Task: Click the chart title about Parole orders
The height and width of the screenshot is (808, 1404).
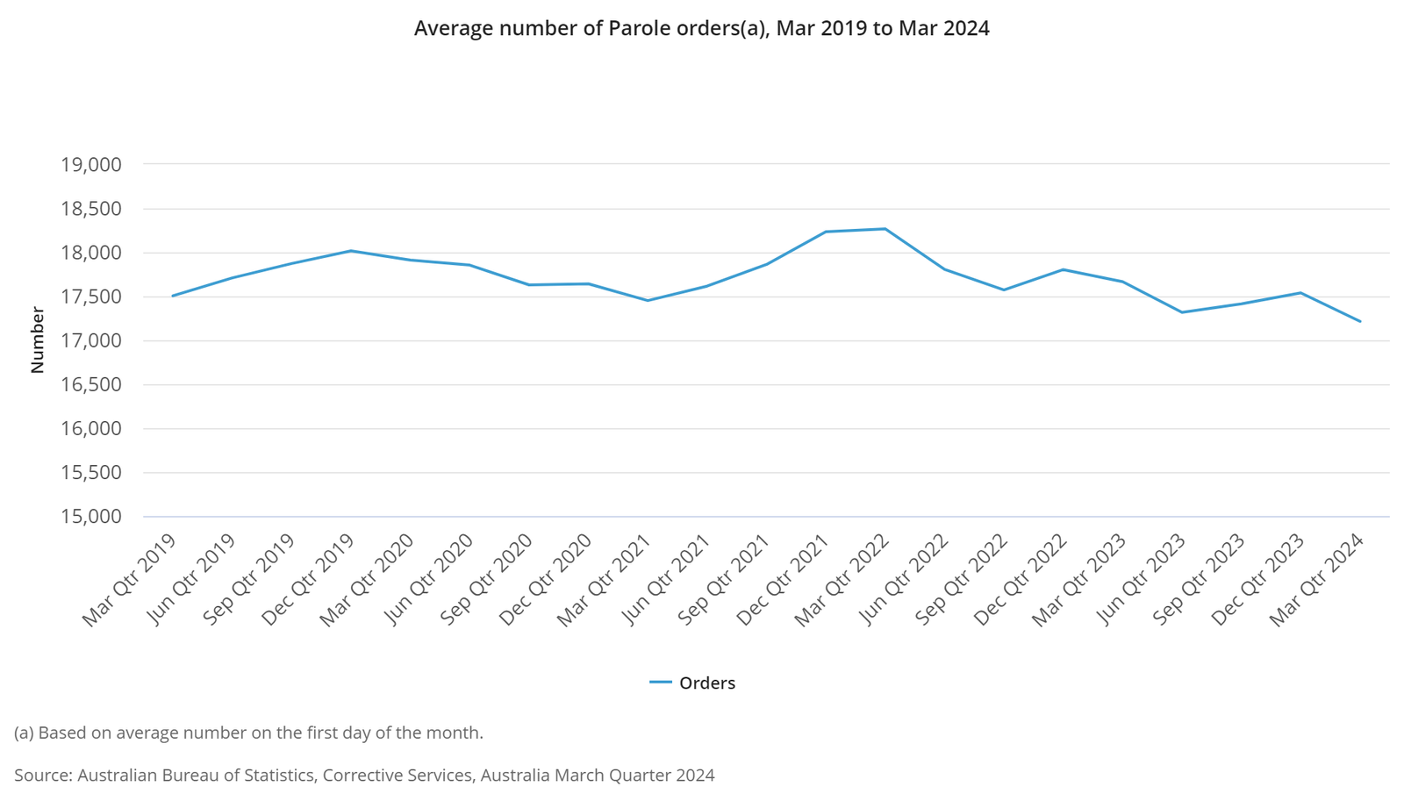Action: pos(701,28)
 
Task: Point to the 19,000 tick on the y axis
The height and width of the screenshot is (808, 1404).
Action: pos(90,165)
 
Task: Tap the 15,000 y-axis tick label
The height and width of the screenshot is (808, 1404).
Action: pos(90,517)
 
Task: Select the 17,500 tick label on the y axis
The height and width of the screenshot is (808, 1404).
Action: pos(90,297)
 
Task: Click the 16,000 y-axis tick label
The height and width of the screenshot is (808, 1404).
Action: pos(90,429)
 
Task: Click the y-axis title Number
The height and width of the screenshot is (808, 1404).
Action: pos(37,340)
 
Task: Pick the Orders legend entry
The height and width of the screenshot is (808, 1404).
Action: pos(692,683)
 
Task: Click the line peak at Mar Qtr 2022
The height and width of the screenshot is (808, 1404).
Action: pos(885,229)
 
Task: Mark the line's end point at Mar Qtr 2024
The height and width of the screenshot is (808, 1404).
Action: pos(1360,321)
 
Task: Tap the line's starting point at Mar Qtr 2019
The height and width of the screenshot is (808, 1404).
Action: pos(173,296)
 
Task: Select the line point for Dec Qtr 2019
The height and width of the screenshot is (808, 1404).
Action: pos(351,251)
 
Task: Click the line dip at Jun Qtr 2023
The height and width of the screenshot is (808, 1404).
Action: pos(1182,312)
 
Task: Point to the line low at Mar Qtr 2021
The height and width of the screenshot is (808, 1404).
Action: pos(648,301)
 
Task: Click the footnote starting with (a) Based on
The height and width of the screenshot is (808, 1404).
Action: pos(248,733)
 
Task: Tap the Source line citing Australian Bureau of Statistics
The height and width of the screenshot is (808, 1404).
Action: pos(364,776)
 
